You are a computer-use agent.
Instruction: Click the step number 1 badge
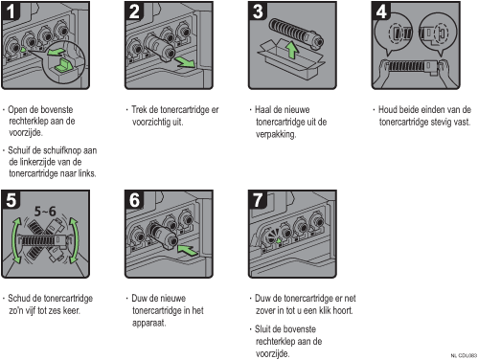pyautogui.click(x=11, y=11)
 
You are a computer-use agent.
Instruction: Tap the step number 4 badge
pyautogui.click(x=381, y=11)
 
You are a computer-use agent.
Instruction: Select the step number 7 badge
pyautogui.click(x=258, y=200)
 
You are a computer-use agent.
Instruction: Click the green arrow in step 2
pyautogui.click(x=186, y=61)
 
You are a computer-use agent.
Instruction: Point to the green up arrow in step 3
pyautogui.click(x=291, y=50)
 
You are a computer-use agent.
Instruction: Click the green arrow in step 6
pyautogui.click(x=188, y=250)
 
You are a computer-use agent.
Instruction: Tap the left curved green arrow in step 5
pyautogui.click(x=15, y=240)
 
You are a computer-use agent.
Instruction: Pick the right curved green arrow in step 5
pyautogui.click(x=75, y=240)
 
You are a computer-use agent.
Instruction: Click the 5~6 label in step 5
pyautogui.click(x=45, y=211)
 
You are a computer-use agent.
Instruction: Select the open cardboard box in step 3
pyautogui.click(x=290, y=60)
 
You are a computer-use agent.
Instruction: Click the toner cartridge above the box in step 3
pyautogui.click(x=296, y=33)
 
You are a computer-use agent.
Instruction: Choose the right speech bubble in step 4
pyautogui.click(x=438, y=34)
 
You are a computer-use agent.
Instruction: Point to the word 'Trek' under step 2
pyautogui.click(x=139, y=109)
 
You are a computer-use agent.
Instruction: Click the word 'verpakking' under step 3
pyautogui.click(x=275, y=134)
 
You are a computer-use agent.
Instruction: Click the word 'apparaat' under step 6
pyautogui.click(x=148, y=323)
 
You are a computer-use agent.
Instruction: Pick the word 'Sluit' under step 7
pyautogui.click(x=263, y=328)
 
